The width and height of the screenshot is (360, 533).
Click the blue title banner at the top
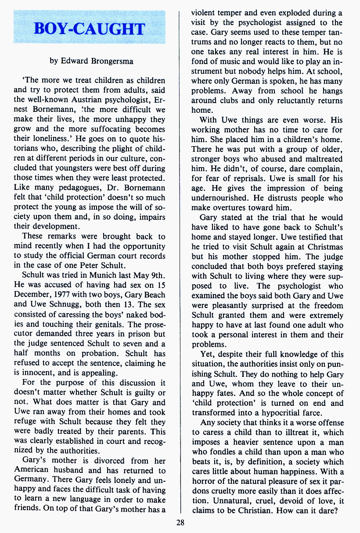[90, 29]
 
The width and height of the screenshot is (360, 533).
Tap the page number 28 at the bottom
[180, 522]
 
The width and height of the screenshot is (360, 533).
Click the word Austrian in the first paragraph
[84, 100]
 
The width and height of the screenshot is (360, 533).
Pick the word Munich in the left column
[92, 275]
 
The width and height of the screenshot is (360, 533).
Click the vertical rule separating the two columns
[180, 263]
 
